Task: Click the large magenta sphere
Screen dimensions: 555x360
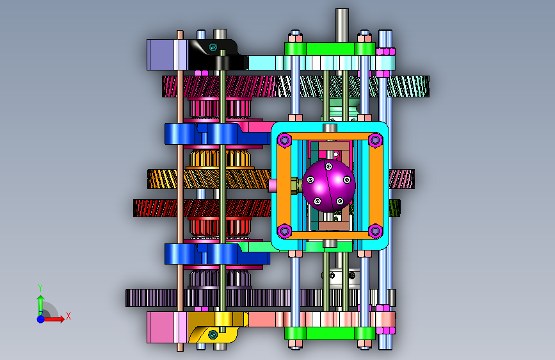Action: (x=328, y=186)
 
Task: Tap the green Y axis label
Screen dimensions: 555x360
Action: (x=40, y=288)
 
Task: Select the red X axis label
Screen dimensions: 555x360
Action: (x=68, y=316)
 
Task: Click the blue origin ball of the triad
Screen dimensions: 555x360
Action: (x=41, y=319)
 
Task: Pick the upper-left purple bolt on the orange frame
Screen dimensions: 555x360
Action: (x=284, y=140)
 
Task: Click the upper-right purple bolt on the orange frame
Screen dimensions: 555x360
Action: (x=375, y=140)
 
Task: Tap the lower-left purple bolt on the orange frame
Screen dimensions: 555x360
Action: (x=284, y=231)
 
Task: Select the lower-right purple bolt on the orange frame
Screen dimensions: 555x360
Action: (x=375, y=231)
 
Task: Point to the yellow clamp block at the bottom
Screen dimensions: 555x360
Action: (x=216, y=327)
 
